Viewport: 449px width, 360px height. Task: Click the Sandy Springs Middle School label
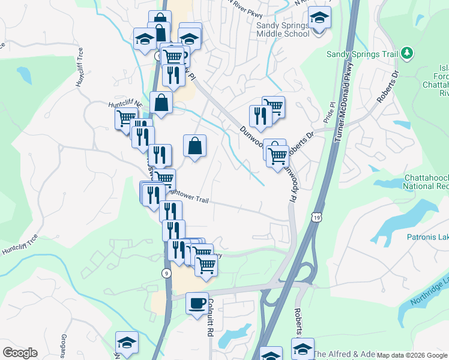[283, 29]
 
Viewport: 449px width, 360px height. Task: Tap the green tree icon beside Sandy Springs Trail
[408, 54]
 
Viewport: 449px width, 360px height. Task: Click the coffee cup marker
[196, 304]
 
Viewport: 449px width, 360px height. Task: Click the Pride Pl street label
[328, 112]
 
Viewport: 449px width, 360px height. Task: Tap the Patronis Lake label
[427, 238]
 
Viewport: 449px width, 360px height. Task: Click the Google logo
[19, 353]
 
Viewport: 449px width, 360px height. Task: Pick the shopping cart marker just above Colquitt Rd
[206, 265]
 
